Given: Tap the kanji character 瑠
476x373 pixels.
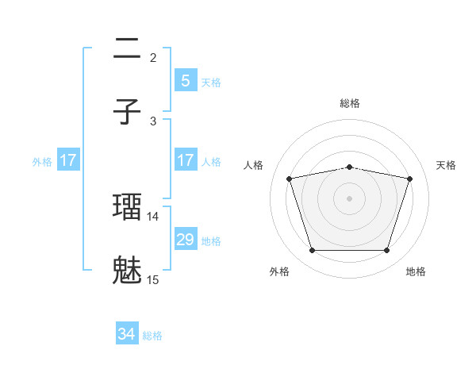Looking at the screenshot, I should point(128,206).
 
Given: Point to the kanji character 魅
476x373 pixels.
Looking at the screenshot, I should point(128,270).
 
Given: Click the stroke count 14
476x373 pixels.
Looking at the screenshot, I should point(153,216).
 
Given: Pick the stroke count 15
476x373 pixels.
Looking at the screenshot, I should point(153,279).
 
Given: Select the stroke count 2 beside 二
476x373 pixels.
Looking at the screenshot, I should point(153,57).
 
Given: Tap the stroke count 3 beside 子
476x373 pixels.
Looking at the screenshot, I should point(153,121).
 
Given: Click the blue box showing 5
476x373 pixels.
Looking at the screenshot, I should point(185,80).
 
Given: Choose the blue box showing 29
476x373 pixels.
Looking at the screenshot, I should point(185,240).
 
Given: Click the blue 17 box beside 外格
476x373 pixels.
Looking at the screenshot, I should point(68,160).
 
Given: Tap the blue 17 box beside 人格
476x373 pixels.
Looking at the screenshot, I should point(185,160).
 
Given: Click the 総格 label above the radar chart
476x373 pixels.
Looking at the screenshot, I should point(350,103).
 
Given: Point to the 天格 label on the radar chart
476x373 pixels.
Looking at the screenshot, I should point(446,165).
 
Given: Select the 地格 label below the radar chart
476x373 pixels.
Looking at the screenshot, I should point(416,272).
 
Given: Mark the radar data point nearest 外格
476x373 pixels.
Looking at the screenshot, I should point(312,251).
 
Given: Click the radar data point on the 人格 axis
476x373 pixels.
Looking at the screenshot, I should point(290,179).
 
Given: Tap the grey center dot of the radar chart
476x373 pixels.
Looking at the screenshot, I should point(350,198).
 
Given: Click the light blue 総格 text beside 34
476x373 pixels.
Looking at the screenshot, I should point(153,336).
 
